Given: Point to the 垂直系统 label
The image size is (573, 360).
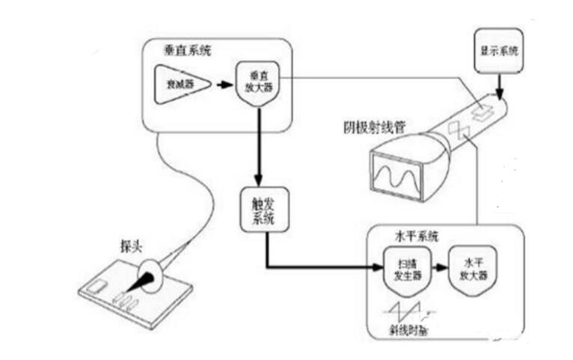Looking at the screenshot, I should (187, 52).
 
